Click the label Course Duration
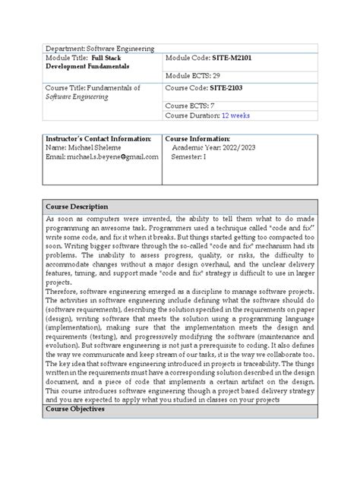[x=191, y=115]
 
